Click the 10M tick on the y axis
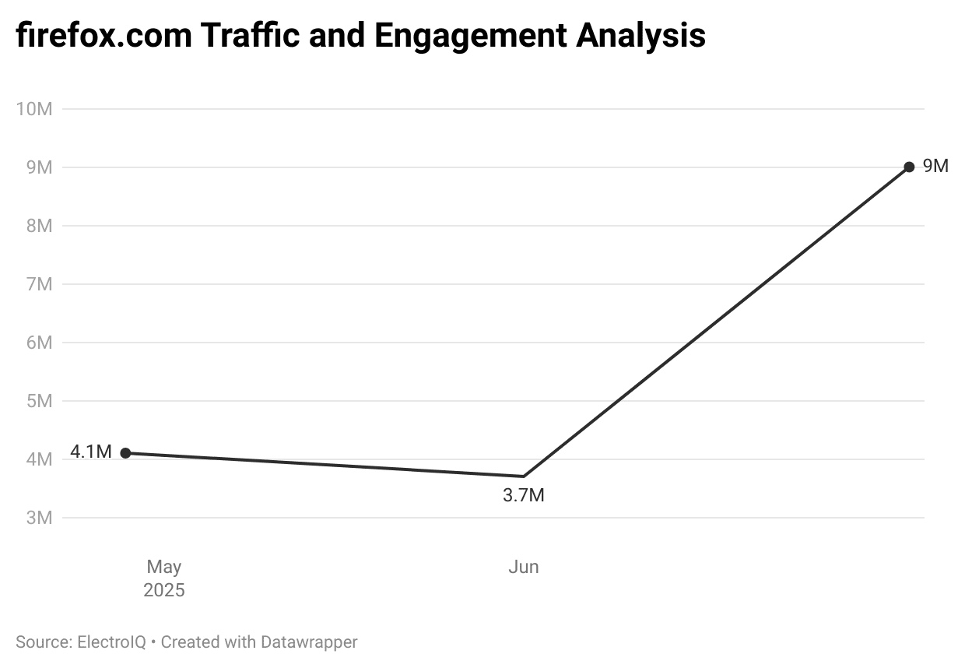tap(33, 109)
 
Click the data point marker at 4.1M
tap(126, 453)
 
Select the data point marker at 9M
tap(909, 167)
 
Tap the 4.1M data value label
tap(91, 452)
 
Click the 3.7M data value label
tap(524, 495)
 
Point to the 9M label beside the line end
tap(935, 166)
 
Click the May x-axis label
tap(164, 567)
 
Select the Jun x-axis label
tap(524, 567)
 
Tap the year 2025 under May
tap(164, 591)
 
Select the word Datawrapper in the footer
tap(309, 642)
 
